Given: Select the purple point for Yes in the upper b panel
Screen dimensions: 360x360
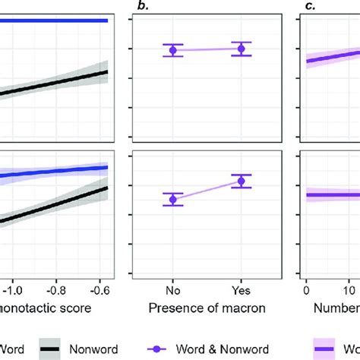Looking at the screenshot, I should coord(241,49).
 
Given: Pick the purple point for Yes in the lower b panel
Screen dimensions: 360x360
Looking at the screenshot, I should coord(241,181).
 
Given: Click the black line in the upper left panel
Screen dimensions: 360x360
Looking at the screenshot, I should coord(53,84).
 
